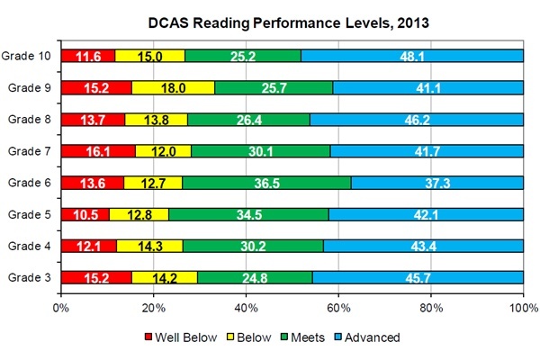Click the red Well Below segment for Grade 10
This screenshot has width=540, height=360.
[88, 56]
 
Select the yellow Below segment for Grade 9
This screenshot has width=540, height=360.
[173, 87]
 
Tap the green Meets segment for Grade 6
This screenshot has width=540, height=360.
[266, 183]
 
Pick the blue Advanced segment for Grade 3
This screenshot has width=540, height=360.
[418, 277]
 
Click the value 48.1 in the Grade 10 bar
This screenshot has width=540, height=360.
[412, 57]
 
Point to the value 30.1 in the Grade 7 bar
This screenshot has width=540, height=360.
[261, 151]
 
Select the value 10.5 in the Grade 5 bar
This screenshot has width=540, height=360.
[85, 215]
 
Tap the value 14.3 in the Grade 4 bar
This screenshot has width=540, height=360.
[150, 247]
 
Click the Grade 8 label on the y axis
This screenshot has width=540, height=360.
[30, 119]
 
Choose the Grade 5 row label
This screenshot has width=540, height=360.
[30, 214]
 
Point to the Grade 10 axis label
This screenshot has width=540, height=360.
[26, 56]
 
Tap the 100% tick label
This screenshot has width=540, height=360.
[524, 308]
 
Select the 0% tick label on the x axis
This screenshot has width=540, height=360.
[61, 308]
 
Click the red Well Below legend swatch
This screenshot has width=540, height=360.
[148, 337]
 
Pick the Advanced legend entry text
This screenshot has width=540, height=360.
[373, 337]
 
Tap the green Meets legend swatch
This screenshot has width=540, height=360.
[284, 337]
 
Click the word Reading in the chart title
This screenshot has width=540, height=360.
[220, 23]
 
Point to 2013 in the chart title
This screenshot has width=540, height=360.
[413, 23]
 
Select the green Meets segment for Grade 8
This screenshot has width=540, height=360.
[248, 119]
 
